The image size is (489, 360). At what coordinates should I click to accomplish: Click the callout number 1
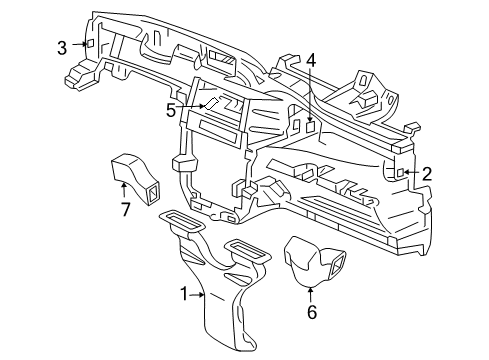coord(184,294)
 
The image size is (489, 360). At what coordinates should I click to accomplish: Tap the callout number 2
coord(427,174)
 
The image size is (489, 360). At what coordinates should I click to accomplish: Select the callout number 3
coord(62,46)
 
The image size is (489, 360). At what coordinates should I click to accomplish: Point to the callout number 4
coord(311,59)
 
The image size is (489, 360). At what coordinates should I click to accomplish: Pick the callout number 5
coord(171,110)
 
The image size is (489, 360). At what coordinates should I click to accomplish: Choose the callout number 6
coord(310,314)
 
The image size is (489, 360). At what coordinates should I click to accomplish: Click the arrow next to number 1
coord(198,294)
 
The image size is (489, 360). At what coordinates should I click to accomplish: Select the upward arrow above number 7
coord(125,188)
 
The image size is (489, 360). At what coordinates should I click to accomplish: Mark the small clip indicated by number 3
coord(90,45)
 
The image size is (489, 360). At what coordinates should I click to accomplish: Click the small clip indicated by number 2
coord(401,174)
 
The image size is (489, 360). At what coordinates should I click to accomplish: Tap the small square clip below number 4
coord(311,127)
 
